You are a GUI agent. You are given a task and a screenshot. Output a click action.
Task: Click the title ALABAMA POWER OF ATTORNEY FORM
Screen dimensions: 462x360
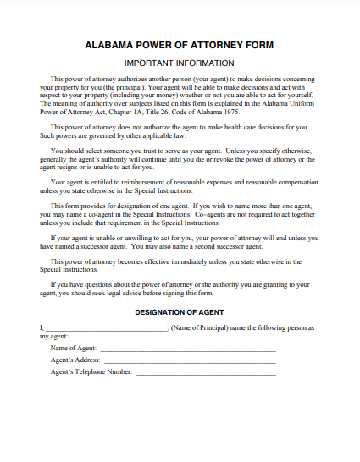(180, 45)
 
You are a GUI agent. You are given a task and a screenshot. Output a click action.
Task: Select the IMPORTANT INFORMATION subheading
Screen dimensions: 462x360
(180, 63)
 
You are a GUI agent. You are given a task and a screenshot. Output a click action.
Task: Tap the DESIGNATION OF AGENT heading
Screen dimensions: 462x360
(179, 312)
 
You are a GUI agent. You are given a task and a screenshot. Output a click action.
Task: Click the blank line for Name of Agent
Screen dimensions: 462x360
(188, 349)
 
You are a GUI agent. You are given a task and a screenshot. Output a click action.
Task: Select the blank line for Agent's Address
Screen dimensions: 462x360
(190, 360)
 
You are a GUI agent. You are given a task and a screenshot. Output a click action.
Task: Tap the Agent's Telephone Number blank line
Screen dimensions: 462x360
(206, 372)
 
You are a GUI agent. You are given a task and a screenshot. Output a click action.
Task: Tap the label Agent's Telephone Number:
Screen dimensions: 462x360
(91, 372)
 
